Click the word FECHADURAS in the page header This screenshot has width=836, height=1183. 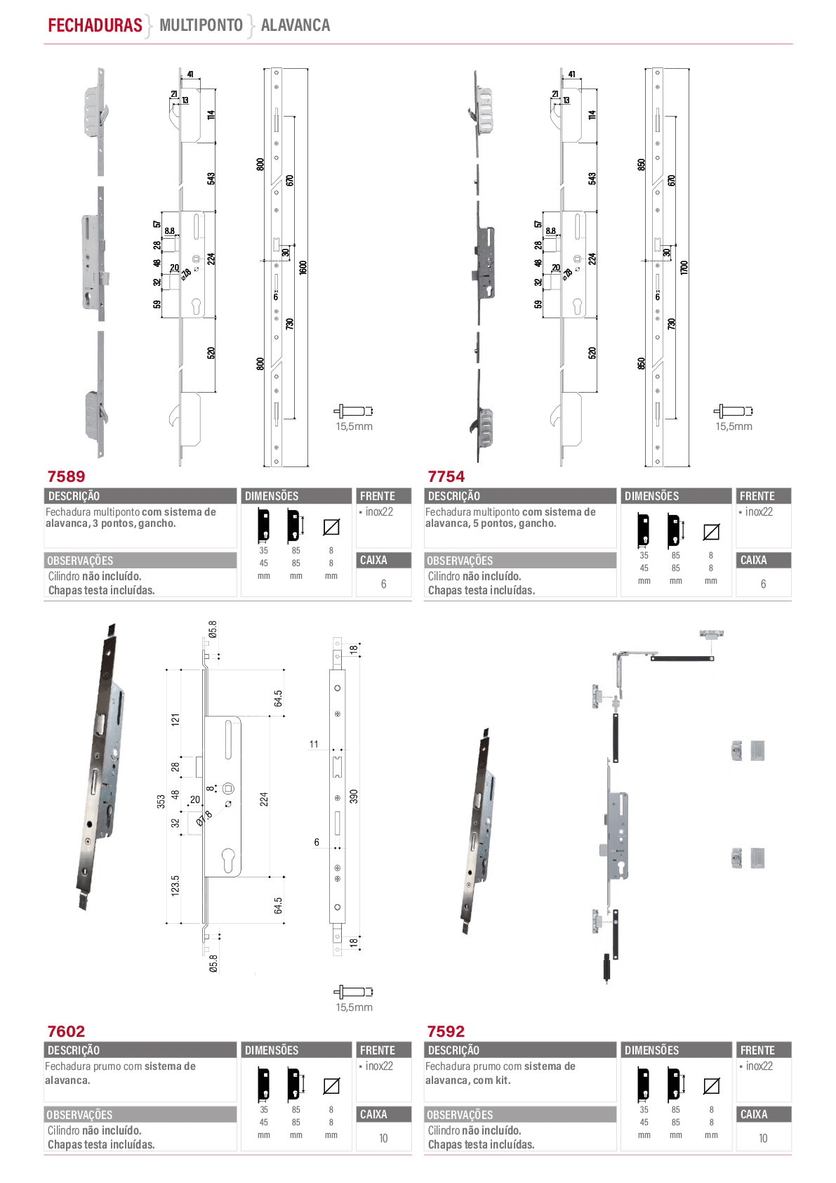click(95, 25)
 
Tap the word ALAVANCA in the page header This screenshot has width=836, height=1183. click(296, 25)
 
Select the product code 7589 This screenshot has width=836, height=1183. click(67, 476)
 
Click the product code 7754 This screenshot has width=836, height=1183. click(446, 476)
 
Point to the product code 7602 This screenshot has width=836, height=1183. click(67, 1031)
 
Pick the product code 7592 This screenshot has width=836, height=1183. click(446, 1031)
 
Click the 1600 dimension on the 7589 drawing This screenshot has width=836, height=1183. click(303, 267)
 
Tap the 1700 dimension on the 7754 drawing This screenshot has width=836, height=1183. click(684, 267)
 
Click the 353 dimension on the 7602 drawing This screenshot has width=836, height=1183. click(161, 801)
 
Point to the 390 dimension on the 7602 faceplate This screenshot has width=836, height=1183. click(354, 797)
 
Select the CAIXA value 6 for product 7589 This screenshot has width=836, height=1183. click(384, 584)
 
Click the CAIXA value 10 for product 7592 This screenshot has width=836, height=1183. click(763, 1138)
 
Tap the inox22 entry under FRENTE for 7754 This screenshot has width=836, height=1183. click(759, 511)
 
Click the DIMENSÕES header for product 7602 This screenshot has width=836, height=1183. click(272, 1050)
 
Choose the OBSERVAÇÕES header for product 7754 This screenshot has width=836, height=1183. click(460, 561)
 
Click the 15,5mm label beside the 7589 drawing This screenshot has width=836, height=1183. click(354, 426)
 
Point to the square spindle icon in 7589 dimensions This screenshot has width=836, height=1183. click(331, 527)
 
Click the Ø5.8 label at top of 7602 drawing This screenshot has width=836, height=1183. click(213, 629)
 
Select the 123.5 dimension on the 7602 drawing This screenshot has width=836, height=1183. click(175, 885)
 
